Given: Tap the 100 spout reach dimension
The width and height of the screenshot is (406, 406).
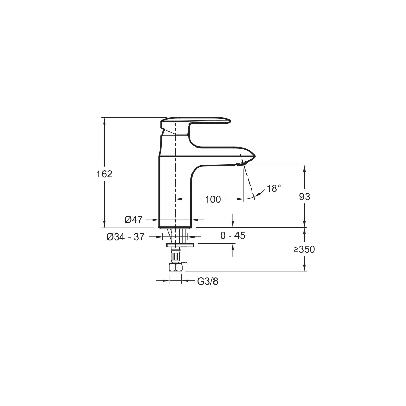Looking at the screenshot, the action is tap(213, 199).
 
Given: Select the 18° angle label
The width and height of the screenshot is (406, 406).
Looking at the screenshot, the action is tap(274, 188).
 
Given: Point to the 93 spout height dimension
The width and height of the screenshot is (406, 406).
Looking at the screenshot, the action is tap(304, 197).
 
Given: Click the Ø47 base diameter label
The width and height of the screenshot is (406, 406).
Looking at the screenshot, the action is tap(133, 220).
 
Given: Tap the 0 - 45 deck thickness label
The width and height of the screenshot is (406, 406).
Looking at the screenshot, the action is tap(232, 235).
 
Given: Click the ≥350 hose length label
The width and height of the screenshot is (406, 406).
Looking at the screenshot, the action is tap(304, 249).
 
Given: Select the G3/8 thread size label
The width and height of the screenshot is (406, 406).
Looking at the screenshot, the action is tap(207, 281).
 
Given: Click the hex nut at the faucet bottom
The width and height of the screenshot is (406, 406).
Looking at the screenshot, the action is tap(175, 267).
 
